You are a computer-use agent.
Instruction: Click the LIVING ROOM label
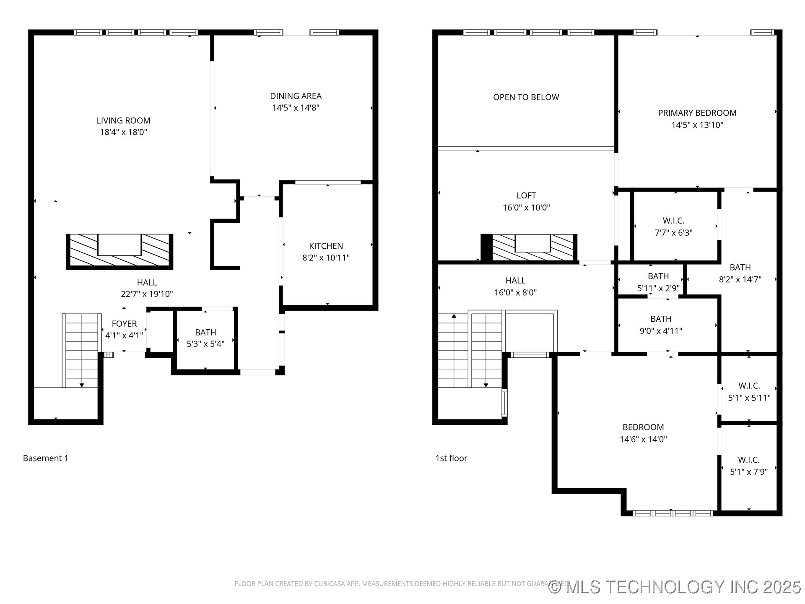(x=123, y=121)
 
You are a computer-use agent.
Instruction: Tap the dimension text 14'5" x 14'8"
(x=296, y=108)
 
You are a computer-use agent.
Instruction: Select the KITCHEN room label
(x=326, y=246)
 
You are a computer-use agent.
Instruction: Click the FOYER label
(x=124, y=324)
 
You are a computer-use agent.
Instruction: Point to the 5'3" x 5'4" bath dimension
(x=205, y=344)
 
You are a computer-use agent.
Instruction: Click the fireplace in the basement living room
(x=119, y=251)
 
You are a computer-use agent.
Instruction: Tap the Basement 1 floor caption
(x=46, y=458)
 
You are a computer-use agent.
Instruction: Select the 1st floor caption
(x=451, y=458)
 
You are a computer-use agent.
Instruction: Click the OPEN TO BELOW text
(x=526, y=97)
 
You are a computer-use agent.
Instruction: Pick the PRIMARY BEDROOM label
(x=697, y=113)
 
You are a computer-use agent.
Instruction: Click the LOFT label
(x=526, y=195)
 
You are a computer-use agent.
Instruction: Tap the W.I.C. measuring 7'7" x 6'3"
(x=673, y=226)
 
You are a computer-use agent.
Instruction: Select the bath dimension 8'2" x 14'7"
(x=740, y=279)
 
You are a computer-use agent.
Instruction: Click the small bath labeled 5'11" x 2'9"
(x=658, y=282)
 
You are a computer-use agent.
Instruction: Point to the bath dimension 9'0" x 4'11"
(x=661, y=331)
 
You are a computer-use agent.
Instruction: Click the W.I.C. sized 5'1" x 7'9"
(x=749, y=466)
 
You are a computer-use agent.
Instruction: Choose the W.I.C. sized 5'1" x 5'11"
(x=749, y=391)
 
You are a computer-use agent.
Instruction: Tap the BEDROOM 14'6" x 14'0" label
(x=643, y=433)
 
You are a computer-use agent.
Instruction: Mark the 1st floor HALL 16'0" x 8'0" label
(x=515, y=286)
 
